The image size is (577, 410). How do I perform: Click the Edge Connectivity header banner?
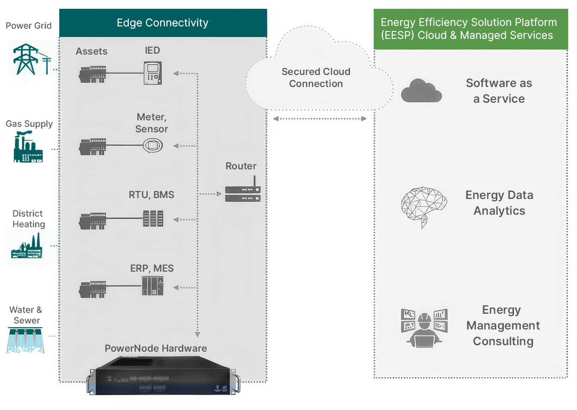(163, 23)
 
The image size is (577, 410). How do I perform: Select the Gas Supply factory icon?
(28, 146)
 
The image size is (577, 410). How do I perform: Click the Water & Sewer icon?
(25, 340)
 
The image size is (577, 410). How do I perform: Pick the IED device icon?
(152, 73)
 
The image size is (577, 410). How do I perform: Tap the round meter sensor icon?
(153, 145)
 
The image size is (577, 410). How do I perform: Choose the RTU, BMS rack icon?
(153, 218)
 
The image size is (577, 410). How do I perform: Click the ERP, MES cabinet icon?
(152, 286)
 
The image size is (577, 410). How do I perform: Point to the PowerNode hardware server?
(163, 375)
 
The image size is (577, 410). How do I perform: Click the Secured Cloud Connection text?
(316, 77)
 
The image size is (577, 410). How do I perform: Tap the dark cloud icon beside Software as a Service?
(421, 91)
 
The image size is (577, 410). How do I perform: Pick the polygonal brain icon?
(424, 207)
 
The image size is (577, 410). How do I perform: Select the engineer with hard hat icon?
(424, 328)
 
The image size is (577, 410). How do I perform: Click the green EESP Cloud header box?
(471, 29)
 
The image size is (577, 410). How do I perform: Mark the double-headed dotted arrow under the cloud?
(320, 118)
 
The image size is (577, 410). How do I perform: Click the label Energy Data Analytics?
(499, 203)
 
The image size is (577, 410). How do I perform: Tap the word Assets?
(91, 51)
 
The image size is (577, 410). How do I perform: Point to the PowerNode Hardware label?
(156, 348)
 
